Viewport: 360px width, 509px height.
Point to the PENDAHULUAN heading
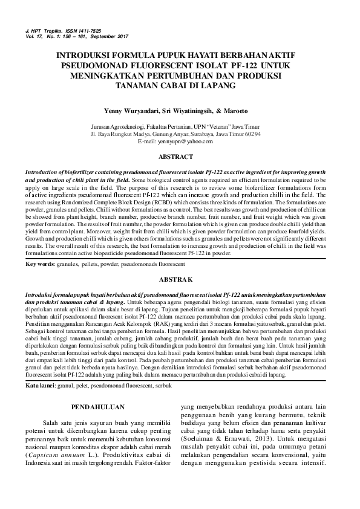point(100,407)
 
